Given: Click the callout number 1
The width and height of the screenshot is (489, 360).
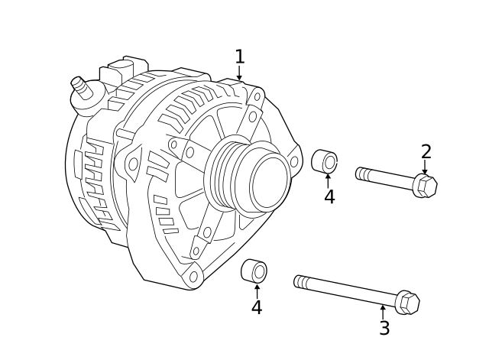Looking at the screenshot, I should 239,57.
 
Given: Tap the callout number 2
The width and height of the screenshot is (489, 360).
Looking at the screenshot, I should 426,152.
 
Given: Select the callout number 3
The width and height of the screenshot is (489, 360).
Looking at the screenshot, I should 384,329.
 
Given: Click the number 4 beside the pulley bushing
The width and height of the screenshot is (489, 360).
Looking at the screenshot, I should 329,197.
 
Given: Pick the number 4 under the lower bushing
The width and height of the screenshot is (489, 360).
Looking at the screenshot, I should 257,308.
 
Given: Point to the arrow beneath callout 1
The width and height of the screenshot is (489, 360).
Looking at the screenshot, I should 239,74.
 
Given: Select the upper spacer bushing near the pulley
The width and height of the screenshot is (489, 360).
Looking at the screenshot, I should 325,161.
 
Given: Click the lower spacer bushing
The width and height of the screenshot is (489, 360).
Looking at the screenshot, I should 254,271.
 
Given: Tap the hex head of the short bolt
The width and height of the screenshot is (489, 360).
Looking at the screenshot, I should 425,186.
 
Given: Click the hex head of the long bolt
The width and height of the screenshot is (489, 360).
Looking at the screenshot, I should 407,303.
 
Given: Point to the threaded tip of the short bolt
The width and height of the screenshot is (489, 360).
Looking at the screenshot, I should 362,174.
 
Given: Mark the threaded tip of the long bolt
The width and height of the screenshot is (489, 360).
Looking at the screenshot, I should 300,282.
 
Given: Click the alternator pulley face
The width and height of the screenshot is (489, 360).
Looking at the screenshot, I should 269,183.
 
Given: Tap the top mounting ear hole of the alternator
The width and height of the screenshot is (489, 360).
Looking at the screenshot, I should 257,97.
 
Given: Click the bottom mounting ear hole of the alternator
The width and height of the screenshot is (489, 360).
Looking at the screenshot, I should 193,277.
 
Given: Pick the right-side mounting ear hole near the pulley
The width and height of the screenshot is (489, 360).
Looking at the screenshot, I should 294,162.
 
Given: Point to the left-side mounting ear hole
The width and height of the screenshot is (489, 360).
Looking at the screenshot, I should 133,164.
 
